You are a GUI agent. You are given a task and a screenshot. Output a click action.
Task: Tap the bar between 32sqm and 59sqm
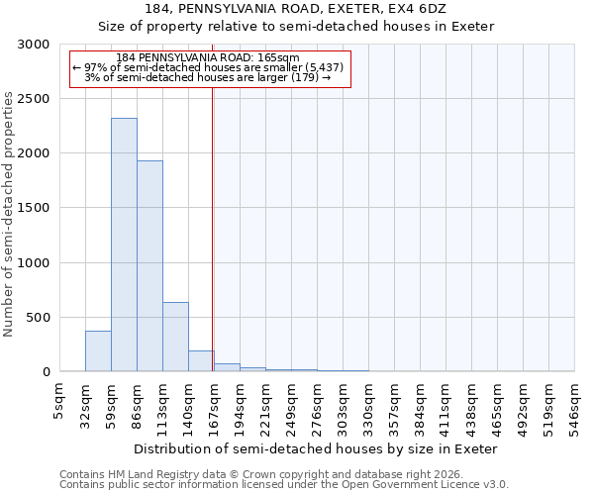(x=98, y=351)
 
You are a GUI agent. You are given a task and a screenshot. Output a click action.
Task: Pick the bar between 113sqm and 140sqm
(x=175, y=337)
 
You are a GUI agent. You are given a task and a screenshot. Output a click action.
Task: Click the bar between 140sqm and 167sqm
(x=201, y=361)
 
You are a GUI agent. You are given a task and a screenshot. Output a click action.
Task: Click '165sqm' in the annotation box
(x=267, y=57)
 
